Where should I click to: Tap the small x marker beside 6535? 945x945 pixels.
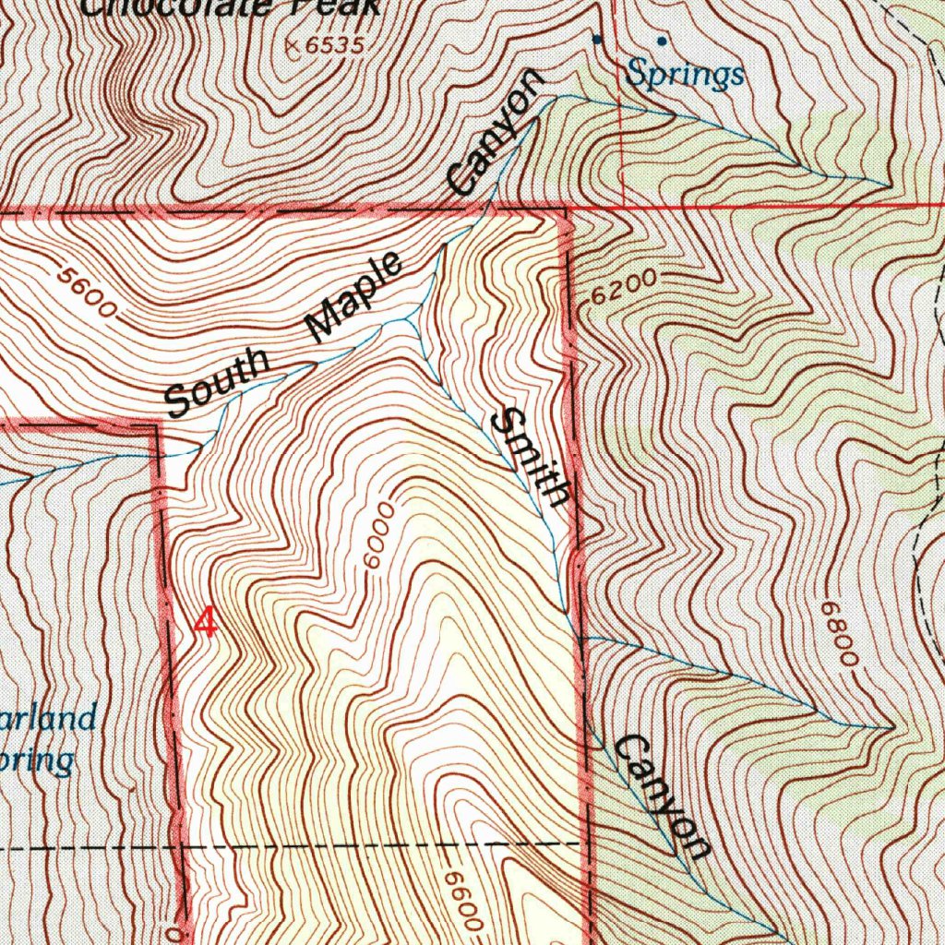(x=293, y=44)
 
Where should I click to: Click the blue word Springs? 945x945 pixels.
(x=685, y=74)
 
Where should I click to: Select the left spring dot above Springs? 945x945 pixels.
(x=597, y=39)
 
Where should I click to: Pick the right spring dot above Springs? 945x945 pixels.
(x=662, y=41)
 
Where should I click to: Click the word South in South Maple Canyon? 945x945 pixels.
(x=218, y=382)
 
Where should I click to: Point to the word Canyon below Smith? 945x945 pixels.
(x=664, y=795)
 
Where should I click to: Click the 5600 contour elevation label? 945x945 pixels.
(x=86, y=292)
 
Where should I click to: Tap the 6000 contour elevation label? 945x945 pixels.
(x=378, y=537)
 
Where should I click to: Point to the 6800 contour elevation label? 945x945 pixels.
(x=841, y=634)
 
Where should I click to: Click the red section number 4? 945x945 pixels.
(x=206, y=623)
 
